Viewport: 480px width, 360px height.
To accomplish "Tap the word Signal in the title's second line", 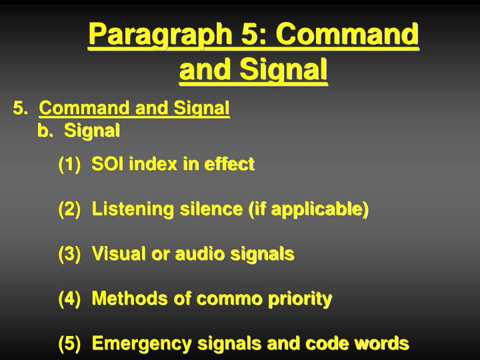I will coord(287,69).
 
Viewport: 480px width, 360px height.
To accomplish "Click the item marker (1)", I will coord(70,164).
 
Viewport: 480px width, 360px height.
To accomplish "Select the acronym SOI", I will coord(106,164).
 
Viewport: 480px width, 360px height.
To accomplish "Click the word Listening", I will coord(124,209).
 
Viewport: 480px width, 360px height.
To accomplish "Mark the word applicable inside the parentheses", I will coord(321,210).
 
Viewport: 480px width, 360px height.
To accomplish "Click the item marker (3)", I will coord(70,254).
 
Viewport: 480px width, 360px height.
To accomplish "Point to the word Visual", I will coord(115,254).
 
